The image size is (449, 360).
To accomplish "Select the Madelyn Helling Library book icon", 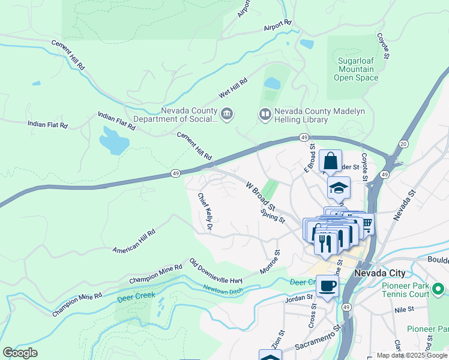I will [265, 113].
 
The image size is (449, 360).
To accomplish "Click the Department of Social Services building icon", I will [227, 113].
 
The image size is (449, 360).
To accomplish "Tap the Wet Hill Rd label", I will [233, 89].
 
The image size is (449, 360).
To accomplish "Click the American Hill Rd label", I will [134, 240].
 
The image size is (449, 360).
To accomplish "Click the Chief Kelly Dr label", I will [206, 211].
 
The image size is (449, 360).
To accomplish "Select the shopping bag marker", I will [330, 161].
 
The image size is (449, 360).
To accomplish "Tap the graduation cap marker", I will [339, 188].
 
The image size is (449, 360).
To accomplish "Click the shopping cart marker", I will [366, 223].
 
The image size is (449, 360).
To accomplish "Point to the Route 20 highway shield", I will [403, 144].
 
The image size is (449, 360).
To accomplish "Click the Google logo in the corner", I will [20, 352].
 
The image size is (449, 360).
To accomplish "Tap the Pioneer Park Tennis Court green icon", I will [438, 290].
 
